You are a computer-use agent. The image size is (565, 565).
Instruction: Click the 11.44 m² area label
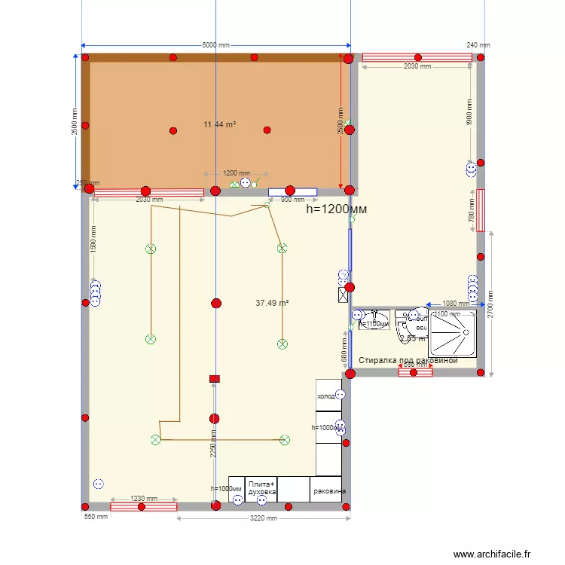coord(220,124)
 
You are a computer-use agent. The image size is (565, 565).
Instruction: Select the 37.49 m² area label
coord(272,303)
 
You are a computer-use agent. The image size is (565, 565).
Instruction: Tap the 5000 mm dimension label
coord(216,45)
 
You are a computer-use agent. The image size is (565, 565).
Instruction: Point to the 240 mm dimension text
coord(478,45)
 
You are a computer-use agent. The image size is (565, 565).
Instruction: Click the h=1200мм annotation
coord(337,209)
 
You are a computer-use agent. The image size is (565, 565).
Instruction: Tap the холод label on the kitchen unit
coord(325,396)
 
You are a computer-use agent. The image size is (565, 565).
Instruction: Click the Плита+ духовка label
coord(262,487)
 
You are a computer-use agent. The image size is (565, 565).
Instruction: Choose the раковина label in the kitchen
coord(330,491)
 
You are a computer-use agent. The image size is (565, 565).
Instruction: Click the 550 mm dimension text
coord(96,517)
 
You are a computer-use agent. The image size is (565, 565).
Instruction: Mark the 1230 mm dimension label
coord(144,499)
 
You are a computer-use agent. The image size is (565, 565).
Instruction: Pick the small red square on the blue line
coord(215,379)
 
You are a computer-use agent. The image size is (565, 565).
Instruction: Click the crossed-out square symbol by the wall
coord(344,294)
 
